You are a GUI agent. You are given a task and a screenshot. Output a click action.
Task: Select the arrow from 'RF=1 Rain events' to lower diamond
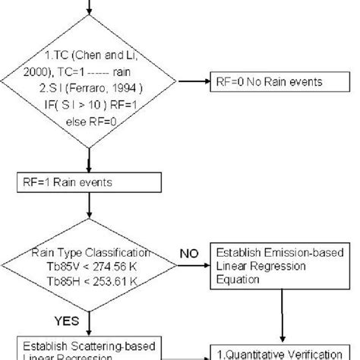[90, 209]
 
